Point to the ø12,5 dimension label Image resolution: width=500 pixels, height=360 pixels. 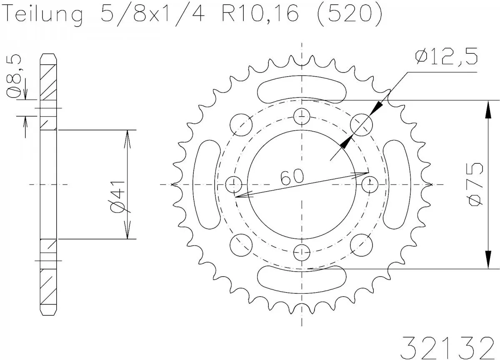(x=446, y=57)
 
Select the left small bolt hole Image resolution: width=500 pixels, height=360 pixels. (x=234, y=184)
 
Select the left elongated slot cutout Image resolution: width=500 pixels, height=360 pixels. (x=207, y=184)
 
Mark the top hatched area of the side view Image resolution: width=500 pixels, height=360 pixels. (x=48, y=81)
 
